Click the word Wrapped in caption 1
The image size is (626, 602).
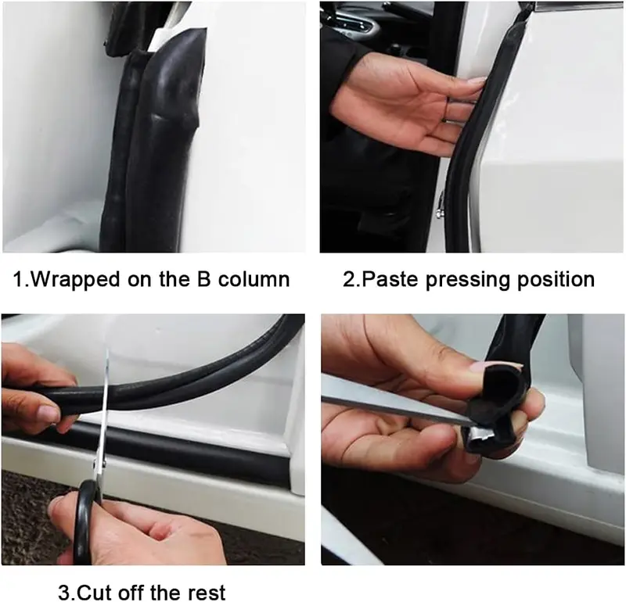[x=74, y=280]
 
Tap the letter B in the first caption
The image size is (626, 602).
[x=203, y=278]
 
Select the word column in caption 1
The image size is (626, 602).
[x=254, y=278]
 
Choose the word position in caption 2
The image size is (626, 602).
[x=556, y=281]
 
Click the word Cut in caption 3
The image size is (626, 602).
[x=93, y=593]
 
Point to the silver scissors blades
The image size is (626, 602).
[x=103, y=411]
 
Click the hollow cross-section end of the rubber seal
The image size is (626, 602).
[x=505, y=387]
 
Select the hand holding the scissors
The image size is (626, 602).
[x=140, y=531]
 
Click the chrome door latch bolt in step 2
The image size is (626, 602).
[x=441, y=206]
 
